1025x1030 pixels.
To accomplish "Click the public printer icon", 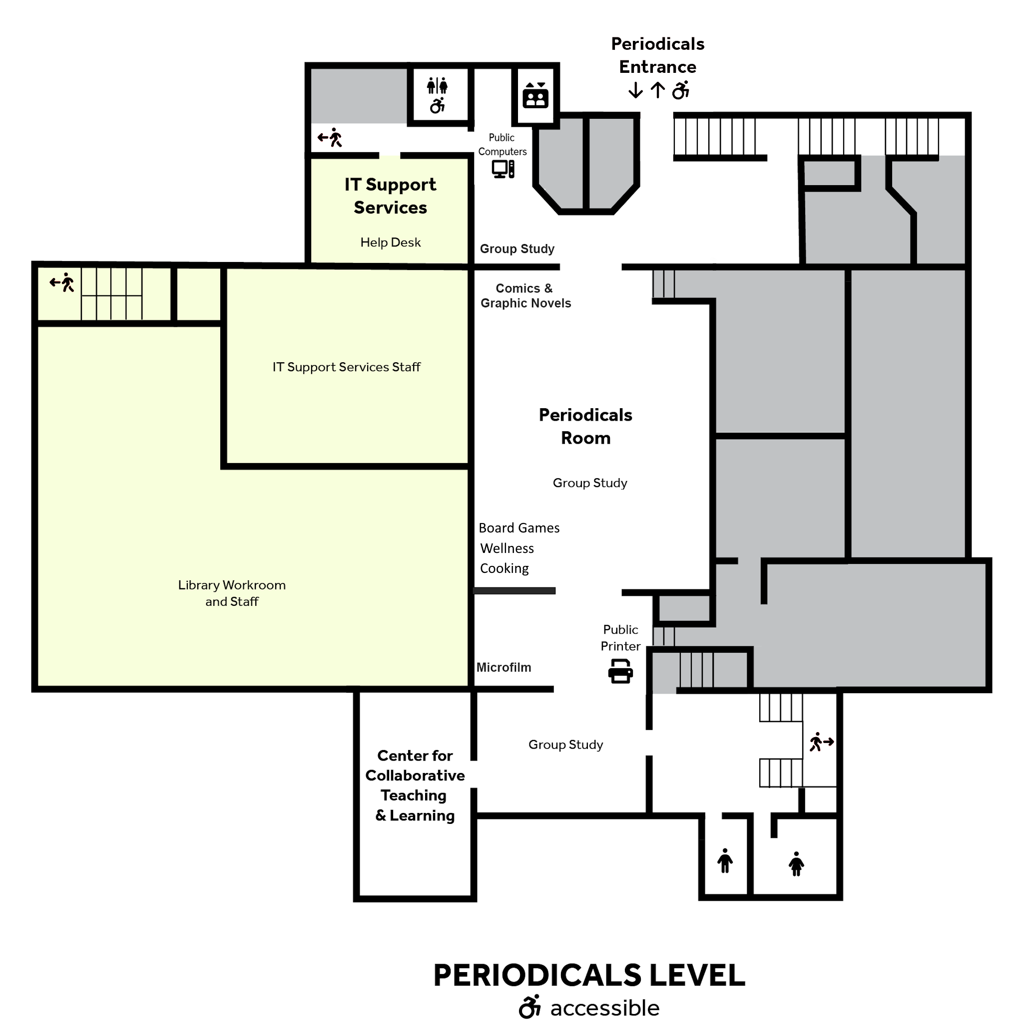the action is [x=620, y=671].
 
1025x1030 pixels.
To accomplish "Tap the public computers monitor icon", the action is [x=503, y=169].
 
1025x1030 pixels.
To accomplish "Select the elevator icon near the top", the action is [x=535, y=95].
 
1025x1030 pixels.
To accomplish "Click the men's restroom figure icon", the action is [x=725, y=860].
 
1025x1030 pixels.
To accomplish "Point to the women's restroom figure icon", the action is [x=796, y=864].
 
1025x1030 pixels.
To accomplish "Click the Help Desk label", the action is [x=390, y=243].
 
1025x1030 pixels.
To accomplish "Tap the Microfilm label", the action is [x=503, y=668].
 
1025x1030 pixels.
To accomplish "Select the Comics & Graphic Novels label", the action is [x=525, y=296].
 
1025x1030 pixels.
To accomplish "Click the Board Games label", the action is [x=518, y=528].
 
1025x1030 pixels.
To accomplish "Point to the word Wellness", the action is [x=507, y=548].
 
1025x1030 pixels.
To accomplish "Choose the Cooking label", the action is [x=504, y=568].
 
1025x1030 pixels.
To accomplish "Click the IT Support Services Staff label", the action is [x=346, y=367].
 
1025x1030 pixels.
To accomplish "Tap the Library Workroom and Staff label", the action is [x=232, y=593].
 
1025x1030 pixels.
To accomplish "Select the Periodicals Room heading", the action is [x=585, y=427].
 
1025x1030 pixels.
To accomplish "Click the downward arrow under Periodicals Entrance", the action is [x=635, y=90].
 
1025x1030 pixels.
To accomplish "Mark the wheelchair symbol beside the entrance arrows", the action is [x=680, y=90].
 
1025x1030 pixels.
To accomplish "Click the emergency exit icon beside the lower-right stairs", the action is [x=821, y=742].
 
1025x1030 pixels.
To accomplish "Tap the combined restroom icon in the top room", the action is [x=437, y=95].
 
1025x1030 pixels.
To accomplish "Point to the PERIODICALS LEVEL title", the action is [x=589, y=975].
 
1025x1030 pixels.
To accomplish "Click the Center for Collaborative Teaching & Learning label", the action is [x=415, y=785].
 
